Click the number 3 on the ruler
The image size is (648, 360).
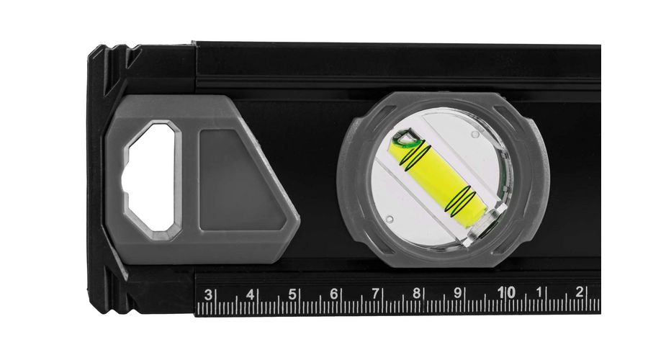208,294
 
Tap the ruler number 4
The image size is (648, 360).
250,294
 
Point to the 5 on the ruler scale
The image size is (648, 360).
292,294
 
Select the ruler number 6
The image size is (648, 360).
333,294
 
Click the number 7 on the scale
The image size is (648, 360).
375,294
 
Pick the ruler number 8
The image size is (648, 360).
417,294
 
